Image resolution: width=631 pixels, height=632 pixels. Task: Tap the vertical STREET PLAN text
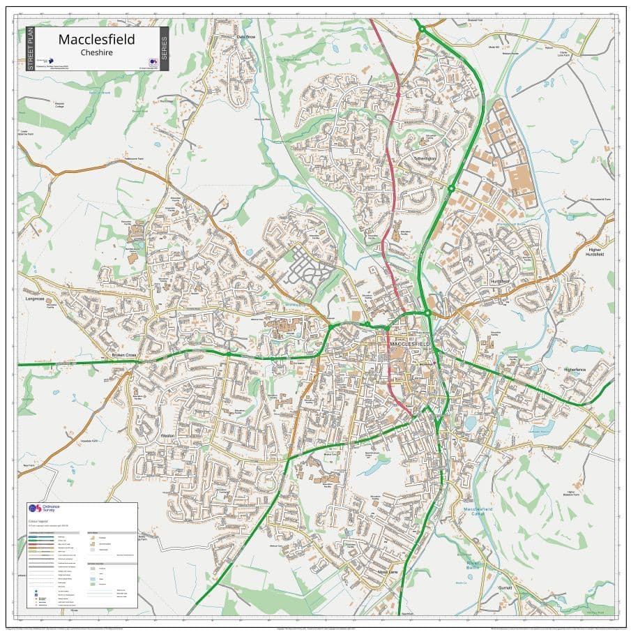(30, 48)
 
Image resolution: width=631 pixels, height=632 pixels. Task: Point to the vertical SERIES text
(164, 48)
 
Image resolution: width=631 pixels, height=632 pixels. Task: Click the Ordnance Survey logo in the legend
(33, 510)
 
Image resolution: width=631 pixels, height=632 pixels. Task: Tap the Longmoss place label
(34, 299)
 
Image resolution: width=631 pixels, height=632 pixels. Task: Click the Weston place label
(167, 435)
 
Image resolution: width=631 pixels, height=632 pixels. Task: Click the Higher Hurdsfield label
(595, 252)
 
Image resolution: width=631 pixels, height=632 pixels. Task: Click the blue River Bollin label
(474, 565)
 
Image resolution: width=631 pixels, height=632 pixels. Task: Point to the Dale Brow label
(246, 36)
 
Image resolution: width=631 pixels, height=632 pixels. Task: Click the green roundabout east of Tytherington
(451, 188)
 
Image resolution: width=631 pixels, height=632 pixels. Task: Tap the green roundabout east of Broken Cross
(228, 354)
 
